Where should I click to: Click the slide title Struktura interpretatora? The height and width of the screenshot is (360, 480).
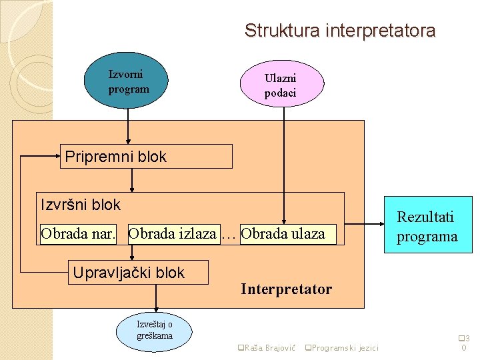point(340,31)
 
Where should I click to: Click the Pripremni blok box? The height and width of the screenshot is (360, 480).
point(146,157)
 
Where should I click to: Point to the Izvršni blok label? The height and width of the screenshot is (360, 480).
point(81,204)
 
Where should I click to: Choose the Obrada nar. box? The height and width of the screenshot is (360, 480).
point(79,234)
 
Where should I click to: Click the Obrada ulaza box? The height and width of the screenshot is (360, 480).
point(287,234)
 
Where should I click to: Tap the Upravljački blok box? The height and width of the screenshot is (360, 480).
point(138,272)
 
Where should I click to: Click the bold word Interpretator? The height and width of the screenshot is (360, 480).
point(286,289)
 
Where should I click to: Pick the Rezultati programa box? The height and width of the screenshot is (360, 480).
point(428,225)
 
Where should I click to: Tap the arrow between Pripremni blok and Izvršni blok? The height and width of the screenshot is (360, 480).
point(132,180)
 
